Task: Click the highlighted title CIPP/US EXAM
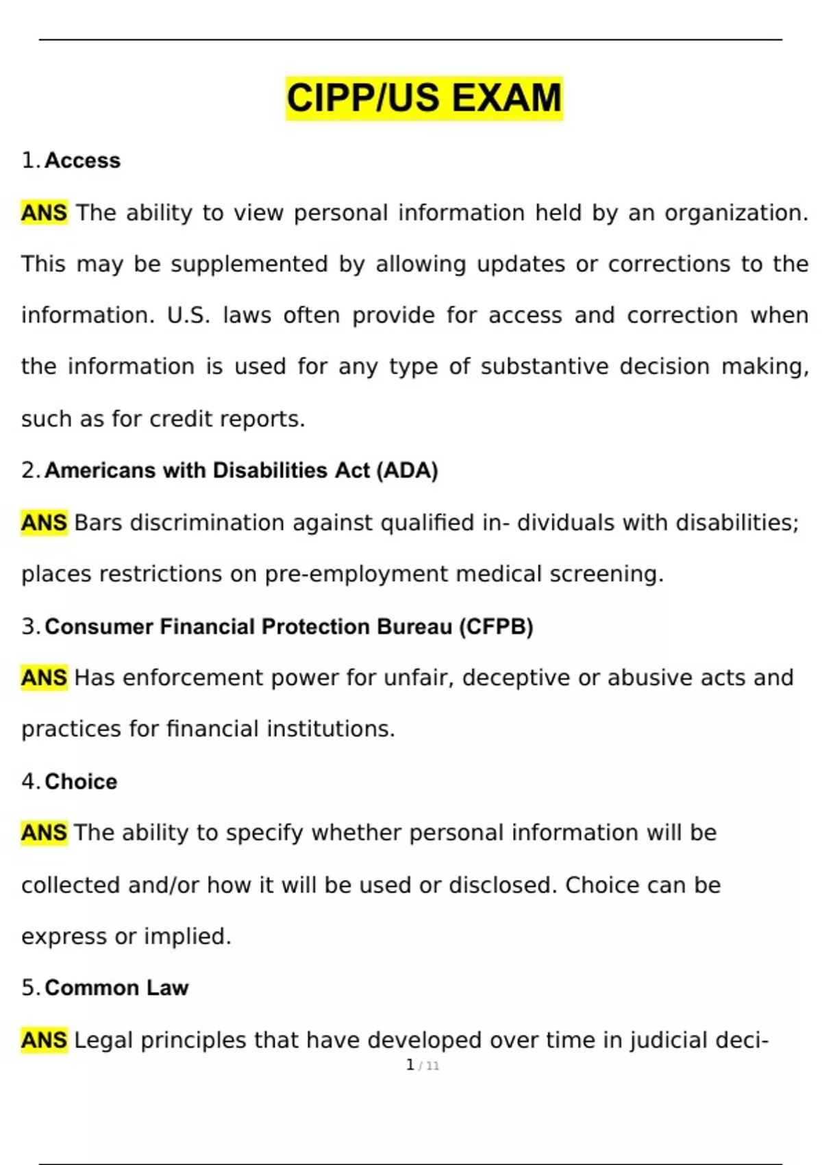point(424,98)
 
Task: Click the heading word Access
point(82,160)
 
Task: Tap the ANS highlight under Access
point(45,213)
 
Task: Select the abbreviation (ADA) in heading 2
point(407,471)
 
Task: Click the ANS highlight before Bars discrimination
point(45,523)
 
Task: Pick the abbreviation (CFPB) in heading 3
point(496,626)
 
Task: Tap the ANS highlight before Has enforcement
point(45,678)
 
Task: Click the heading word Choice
point(81,781)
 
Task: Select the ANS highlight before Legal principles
point(45,1040)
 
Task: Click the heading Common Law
point(116,988)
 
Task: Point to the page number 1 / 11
point(423,1066)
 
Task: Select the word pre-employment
point(356,574)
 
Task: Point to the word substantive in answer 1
point(544,367)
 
